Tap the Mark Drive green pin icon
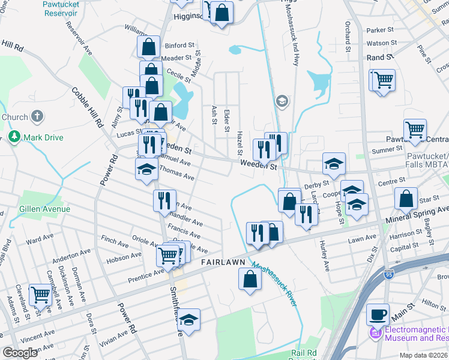[x=15, y=137]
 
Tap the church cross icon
[x=37, y=116]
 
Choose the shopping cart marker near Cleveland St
[x=40, y=295]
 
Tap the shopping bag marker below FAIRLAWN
[x=250, y=279]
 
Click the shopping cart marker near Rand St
[x=384, y=80]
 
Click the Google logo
[x=20, y=353]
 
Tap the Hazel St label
[x=240, y=145]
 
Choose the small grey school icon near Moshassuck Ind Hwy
[x=282, y=101]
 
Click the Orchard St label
[x=347, y=35]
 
